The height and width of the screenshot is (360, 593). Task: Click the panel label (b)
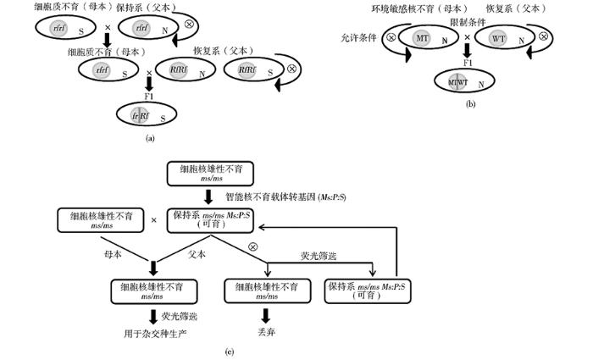point(471,104)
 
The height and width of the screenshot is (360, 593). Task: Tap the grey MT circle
point(421,39)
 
